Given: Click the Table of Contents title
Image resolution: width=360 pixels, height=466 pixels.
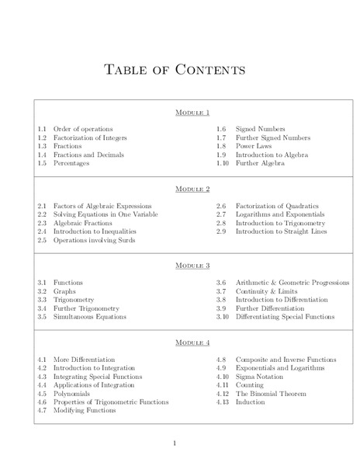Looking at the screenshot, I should tap(175, 70).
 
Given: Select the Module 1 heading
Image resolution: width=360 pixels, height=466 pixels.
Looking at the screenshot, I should tap(192, 113).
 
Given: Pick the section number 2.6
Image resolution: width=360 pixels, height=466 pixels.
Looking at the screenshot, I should tap(220, 205).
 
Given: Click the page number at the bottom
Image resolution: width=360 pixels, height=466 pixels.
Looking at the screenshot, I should tap(175, 443).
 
